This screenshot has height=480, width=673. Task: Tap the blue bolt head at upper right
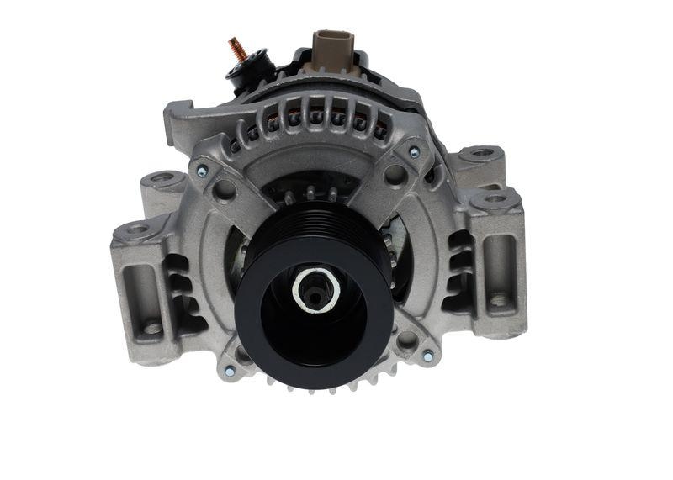(x=413, y=152)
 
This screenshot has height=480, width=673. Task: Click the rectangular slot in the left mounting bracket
(x=140, y=285)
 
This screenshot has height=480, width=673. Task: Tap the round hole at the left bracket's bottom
(x=152, y=328)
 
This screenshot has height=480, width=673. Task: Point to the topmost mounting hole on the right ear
(x=481, y=153)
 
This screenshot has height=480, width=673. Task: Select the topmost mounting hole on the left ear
(x=163, y=178)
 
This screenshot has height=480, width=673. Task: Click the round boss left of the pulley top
(x=224, y=190)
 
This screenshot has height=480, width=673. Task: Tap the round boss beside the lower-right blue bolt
(x=407, y=340)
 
